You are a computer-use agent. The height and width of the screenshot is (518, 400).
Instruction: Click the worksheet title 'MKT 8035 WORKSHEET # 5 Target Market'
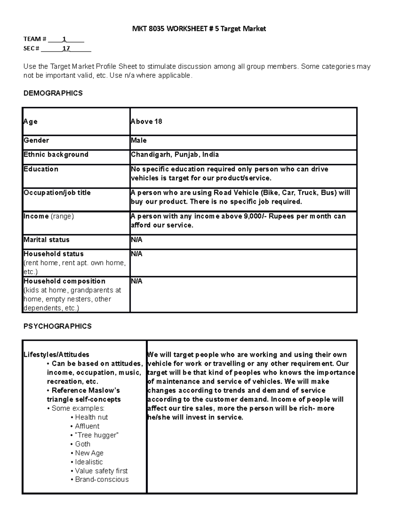pyautogui.click(x=199, y=29)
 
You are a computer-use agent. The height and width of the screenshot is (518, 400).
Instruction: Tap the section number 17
pyautogui.click(x=66, y=48)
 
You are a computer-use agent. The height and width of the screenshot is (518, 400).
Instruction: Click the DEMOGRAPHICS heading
pyautogui.click(x=53, y=93)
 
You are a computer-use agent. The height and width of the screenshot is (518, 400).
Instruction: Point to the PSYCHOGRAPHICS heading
pyautogui.click(x=57, y=326)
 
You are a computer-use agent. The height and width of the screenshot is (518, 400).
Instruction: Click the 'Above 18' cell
pyautogui.click(x=147, y=121)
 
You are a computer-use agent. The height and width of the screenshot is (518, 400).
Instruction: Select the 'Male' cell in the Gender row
pyautogui.click(x=139, y=140)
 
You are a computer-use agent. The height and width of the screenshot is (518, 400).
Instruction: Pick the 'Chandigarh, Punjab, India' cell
pyautogui.click(x=175, y=155)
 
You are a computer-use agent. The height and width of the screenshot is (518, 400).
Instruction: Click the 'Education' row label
pyautogui.click(x=41, y=169)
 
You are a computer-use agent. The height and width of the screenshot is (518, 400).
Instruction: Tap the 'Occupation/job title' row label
pyautogui.click(x=57, y=193)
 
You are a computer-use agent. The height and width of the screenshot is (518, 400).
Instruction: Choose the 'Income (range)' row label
pyautogui.click(x=49, y=216)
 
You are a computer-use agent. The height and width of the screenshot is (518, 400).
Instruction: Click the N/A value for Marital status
pyautogui.click(x=137, y=240)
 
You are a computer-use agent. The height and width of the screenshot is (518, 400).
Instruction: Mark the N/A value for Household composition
pyautogui.click(x=137, y=281)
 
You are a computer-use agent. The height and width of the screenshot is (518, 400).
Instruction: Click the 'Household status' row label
pyautogui.click(x=54, y=254)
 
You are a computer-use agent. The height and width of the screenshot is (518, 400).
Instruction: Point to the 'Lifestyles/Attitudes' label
pyautogui.click(x=56, y=355)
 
